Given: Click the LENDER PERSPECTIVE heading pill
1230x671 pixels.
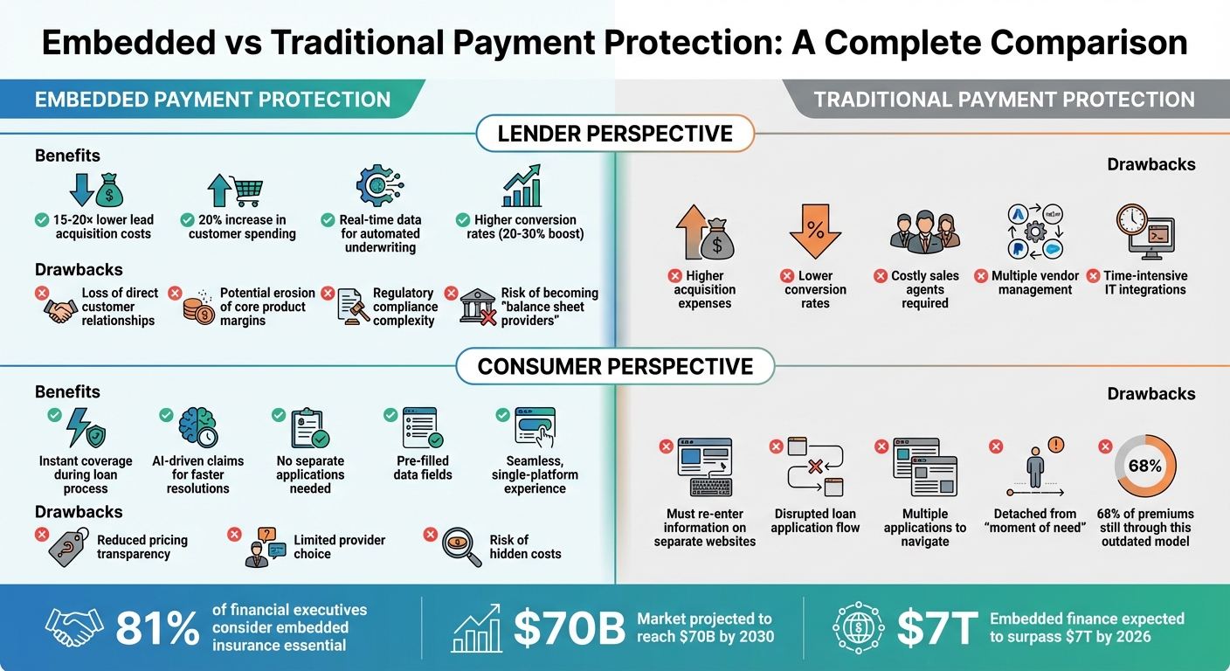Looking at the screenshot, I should click(615, 135).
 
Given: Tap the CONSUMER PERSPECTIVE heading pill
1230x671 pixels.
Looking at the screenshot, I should click(615, 366).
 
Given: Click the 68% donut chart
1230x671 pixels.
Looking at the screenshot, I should click(1144, 467).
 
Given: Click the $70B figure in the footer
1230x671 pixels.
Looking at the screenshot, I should click(569, 627).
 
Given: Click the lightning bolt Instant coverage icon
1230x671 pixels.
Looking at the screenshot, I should click(86, 427).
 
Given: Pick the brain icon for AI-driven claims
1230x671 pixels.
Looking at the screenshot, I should click(197, 427).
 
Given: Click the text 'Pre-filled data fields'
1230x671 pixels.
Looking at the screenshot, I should click(423, 467).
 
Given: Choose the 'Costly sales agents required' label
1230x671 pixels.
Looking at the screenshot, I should click(925, 289).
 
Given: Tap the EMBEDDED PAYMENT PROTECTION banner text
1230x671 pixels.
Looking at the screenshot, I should click(212, 100).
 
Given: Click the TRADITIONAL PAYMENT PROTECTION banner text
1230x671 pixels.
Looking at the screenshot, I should click(1004, 100).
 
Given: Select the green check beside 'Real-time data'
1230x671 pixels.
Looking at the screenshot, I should click(328, 220).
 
